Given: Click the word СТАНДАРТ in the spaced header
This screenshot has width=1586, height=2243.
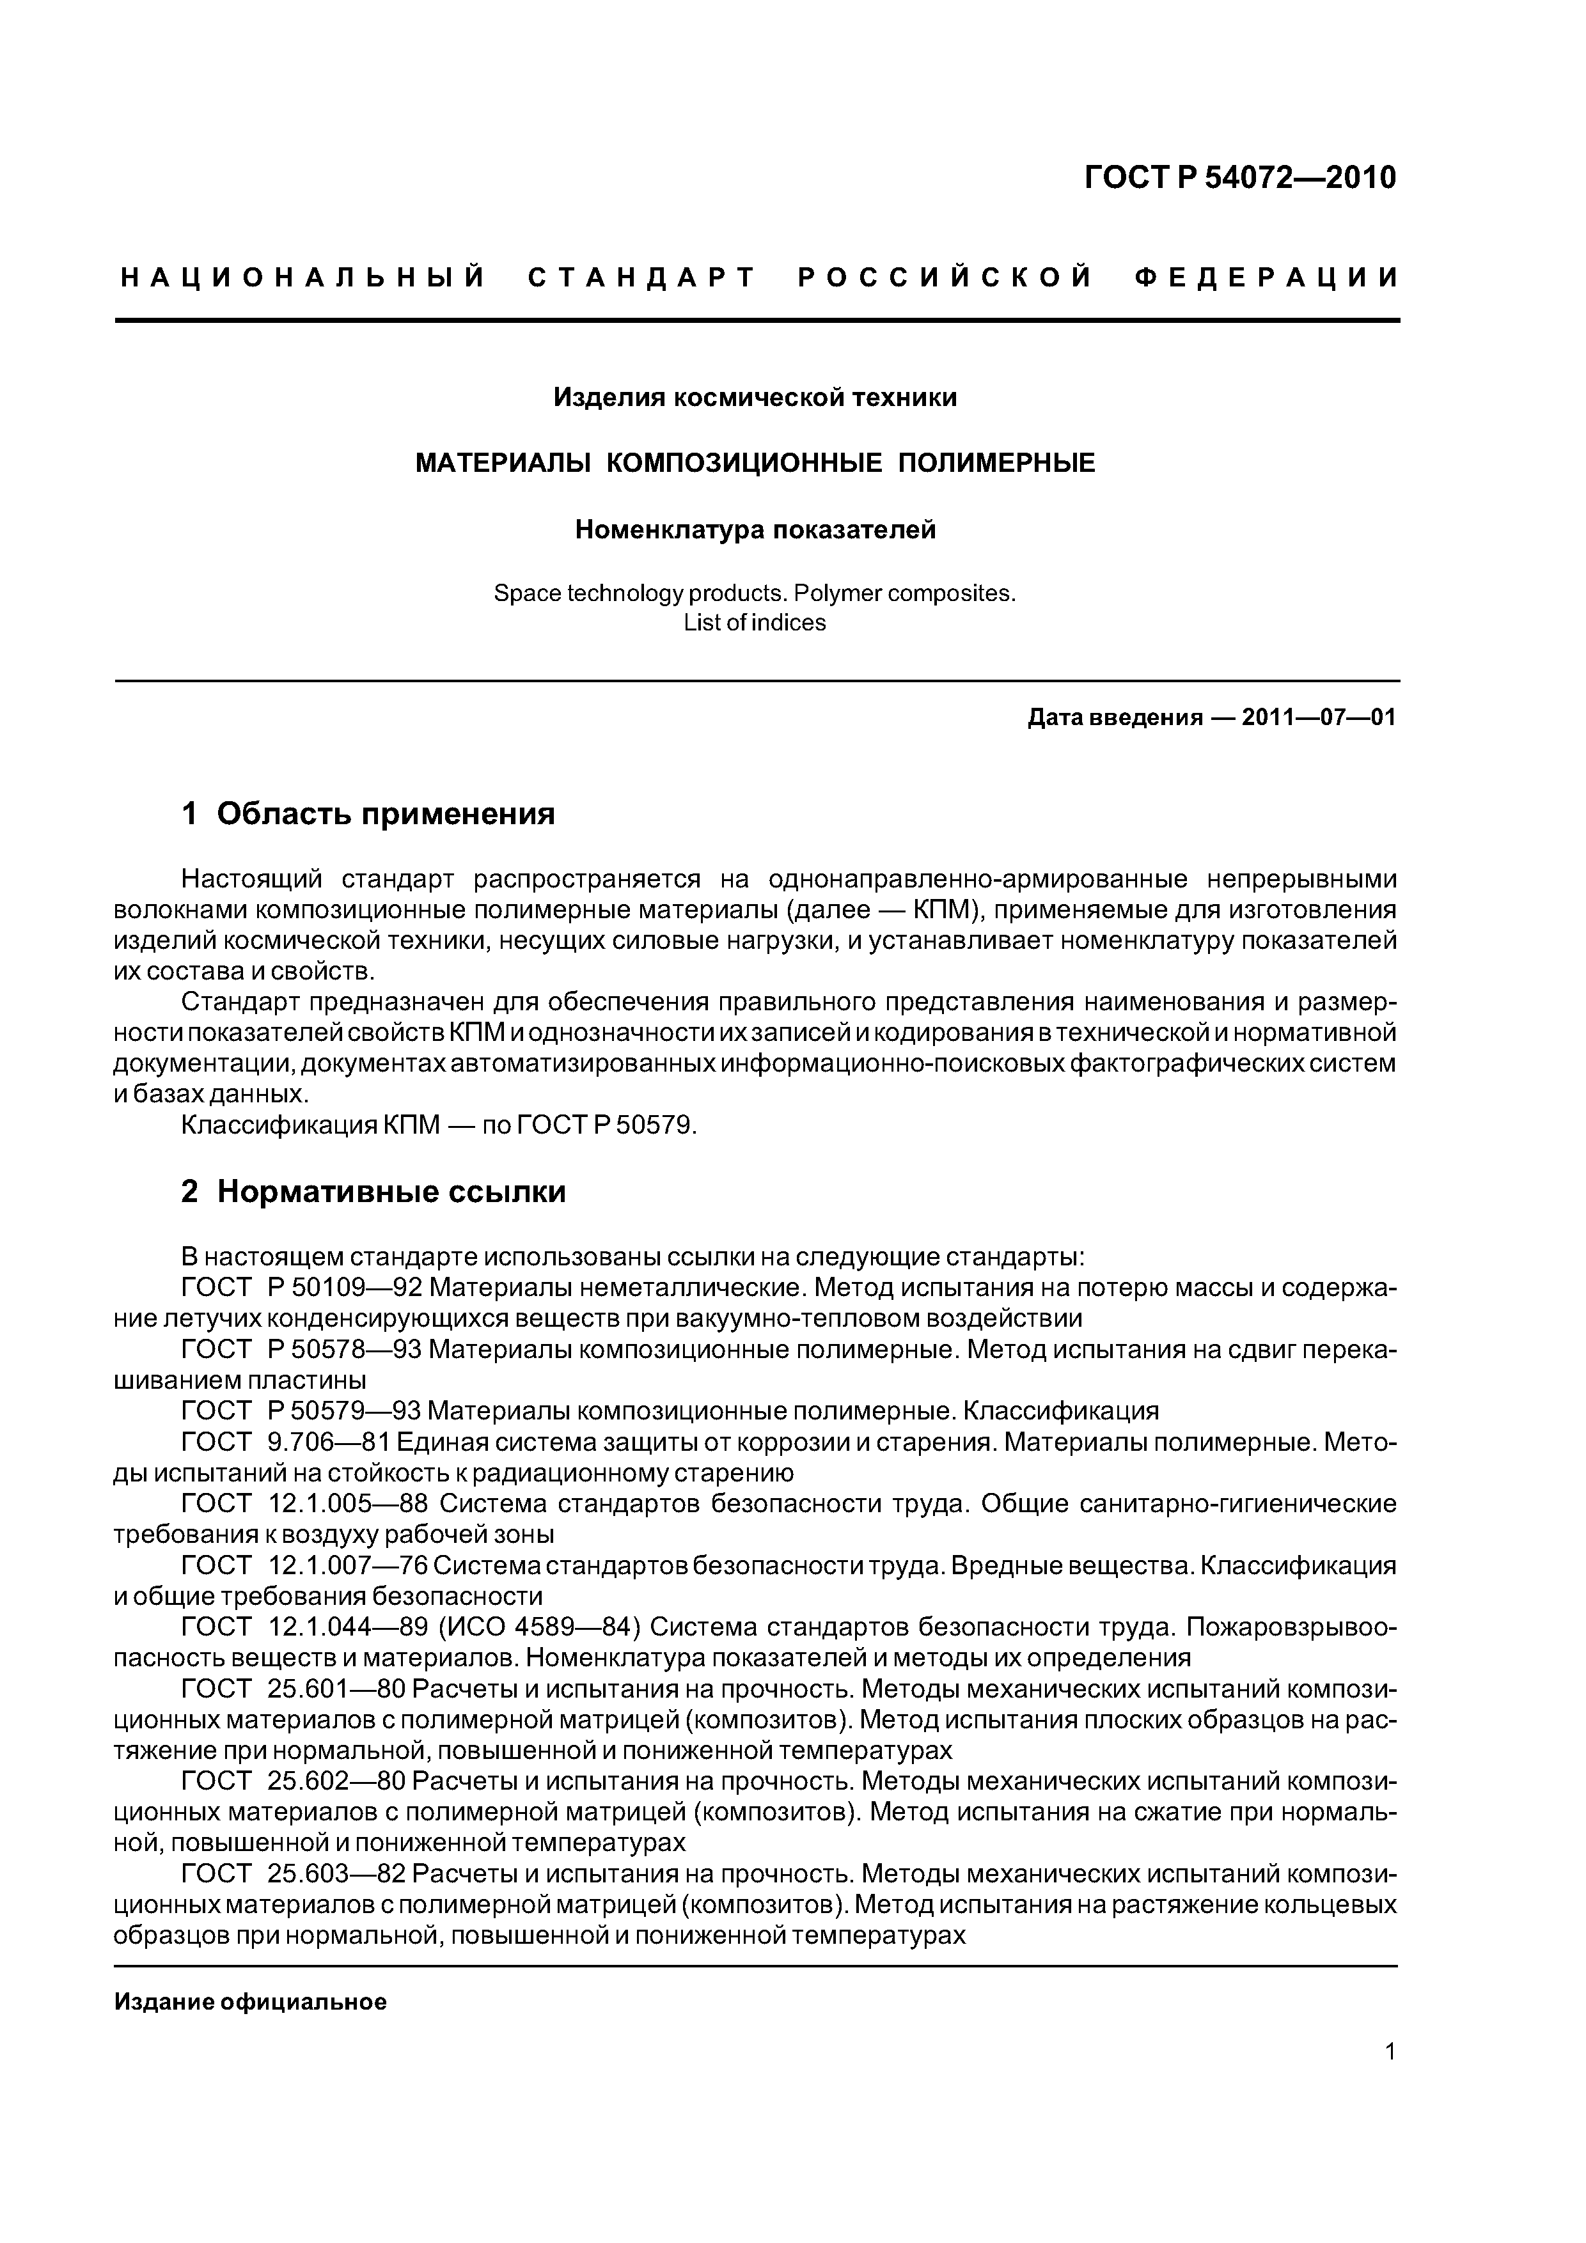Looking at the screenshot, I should tap(642, 278).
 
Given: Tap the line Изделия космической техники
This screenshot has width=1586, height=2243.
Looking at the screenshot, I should tap(755, 398).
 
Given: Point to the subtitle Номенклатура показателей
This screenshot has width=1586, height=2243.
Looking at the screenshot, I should tap(755, 529).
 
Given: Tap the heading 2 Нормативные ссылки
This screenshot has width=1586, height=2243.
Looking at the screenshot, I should tap(373, 1192).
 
